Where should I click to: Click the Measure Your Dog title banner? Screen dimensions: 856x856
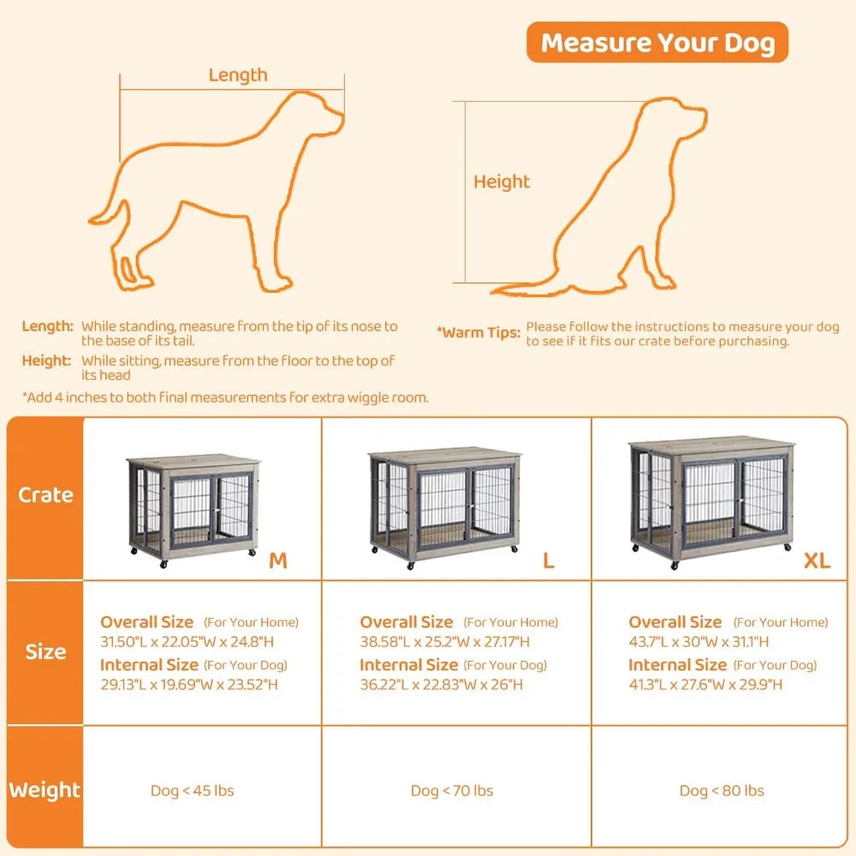(657, 43)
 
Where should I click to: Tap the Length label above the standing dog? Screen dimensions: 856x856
(238, 75)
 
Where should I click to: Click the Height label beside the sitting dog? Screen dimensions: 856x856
(502, 181)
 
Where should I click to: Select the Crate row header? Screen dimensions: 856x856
(45, 495)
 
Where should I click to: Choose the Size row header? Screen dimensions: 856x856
(45, 651)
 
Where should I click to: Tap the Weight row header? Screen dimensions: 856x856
(45, 790)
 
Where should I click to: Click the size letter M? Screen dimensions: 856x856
(278, 561)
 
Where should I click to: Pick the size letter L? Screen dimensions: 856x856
(549, 561)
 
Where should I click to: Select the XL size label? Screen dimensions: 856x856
(816, 561)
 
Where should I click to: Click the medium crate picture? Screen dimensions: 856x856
(192, 507)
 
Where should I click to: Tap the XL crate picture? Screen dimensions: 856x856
(712, 501)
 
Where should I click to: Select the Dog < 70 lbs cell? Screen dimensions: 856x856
(452, 791)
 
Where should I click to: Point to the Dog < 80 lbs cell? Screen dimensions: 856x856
(722, 791)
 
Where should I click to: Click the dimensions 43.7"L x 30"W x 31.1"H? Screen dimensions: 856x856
(698, 641)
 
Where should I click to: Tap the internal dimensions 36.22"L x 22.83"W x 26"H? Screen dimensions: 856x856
(442, 684)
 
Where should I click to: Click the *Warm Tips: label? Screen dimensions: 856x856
(478, 332)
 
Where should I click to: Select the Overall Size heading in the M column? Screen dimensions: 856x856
(147, 622)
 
